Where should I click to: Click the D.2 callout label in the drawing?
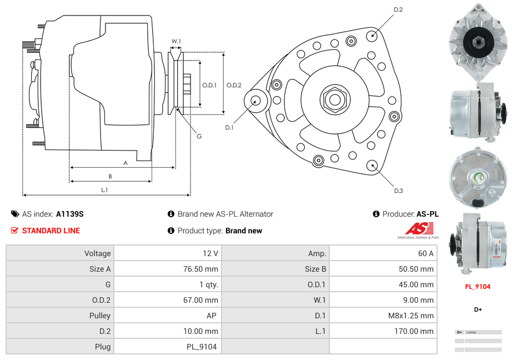(x=398, y=9)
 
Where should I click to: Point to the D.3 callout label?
(x=398, y=191)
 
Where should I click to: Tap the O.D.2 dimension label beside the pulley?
(x=234, y=85)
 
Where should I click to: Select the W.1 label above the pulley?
(x=176, y=41)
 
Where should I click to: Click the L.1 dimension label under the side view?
(x=104, y=190)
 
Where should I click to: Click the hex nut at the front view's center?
(x=334, y=99)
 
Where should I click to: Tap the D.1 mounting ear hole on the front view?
(x=256, y=101)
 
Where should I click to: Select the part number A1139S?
(x=69, y=214)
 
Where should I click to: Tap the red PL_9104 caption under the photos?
(x=478, y=287)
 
